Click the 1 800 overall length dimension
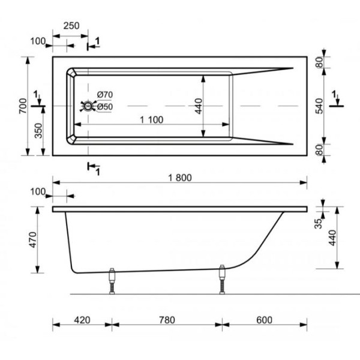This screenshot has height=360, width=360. click(x=180, y=178)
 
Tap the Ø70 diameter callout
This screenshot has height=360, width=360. click(x=104, y=95)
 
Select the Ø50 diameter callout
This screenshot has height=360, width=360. click(x=104, y=107)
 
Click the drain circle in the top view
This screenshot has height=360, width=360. click(x=88, y=106)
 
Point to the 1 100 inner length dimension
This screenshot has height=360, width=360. click(x=152, y=120)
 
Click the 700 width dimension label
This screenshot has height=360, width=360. click(x=23, y=106)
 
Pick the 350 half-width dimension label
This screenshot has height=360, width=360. click(x=38, y=131)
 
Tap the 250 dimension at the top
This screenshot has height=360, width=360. click(x=71, y=26)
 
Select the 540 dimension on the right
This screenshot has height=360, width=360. click(x=319, y=106)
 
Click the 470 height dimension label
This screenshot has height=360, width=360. click(x=34, y=240)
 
